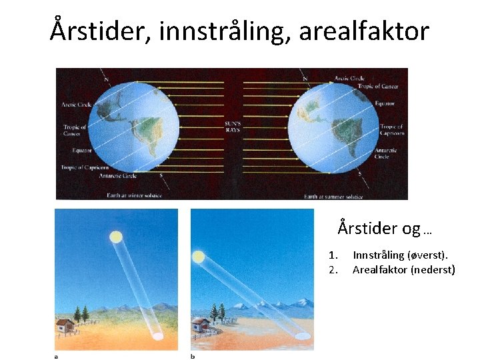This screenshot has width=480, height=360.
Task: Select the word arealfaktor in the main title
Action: (x=363, y=31)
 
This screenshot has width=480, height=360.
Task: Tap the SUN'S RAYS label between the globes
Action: (x=232, y=127)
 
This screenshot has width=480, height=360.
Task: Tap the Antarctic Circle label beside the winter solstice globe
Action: (x=117, y=176)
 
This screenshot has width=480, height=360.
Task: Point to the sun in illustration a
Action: (x=116, y=236)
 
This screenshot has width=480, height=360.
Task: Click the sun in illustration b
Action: (x=198, y=256)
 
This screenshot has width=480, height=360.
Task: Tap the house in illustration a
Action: (x=65, y=325)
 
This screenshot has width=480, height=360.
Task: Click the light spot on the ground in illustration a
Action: (x=157, y=337)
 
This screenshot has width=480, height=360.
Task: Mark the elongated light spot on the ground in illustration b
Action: (x=301, y=335)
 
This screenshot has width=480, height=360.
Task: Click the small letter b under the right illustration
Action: (x=193, y=356)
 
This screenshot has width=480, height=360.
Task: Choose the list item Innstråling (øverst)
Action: (x=400, y=255)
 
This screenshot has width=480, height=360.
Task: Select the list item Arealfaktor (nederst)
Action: (x=403, y=269)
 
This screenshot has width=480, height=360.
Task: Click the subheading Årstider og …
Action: (x=385, y=229)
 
